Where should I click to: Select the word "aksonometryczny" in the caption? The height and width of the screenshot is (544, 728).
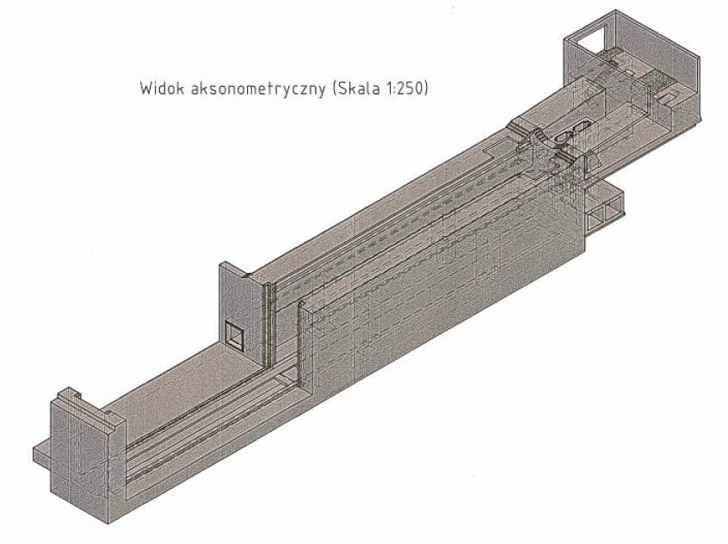[x=258, y=89]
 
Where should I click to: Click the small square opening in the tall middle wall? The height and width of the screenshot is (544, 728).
[x=235, y=334]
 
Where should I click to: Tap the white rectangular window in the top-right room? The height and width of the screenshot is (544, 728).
[x=588, y=40]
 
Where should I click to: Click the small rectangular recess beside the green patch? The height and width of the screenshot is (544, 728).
[x=668, y=96]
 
